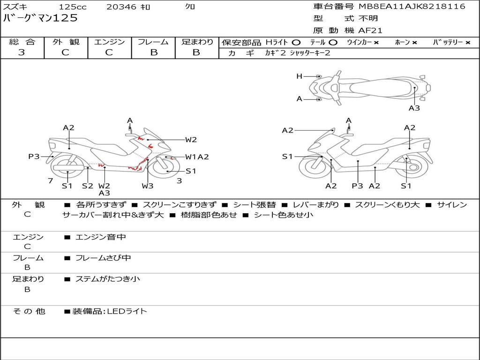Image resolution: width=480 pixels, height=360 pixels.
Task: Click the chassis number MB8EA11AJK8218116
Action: click(412, 6)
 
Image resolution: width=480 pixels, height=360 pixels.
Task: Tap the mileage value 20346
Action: click(121, 7)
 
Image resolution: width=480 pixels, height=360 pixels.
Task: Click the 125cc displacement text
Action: click(73, 7)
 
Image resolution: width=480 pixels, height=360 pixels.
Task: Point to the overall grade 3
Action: click(22, 52)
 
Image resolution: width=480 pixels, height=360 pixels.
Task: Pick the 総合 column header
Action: click(22, 42)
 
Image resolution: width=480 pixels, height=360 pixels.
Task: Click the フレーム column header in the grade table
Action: click(153, 42)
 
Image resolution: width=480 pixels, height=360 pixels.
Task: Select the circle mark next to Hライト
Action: click(296, 43)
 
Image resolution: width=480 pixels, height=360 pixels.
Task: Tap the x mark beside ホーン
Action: click(414, 43)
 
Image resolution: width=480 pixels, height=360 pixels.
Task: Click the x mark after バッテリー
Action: click(468, 43)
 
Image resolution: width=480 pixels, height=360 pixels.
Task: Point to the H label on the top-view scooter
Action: click(300, 76)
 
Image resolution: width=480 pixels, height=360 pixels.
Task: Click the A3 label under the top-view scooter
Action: click(414, 108)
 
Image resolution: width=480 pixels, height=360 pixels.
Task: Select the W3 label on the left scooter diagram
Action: click(147, 186)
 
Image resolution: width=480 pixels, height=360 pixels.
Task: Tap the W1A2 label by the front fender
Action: click(197, 157)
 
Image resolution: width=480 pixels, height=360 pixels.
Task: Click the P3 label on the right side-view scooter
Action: click(357, 186)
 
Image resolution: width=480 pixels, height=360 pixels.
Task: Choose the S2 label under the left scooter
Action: click(88, 186)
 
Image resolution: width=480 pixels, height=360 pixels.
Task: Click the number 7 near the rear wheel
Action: click(51, 180)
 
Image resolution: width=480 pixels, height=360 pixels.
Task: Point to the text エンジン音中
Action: click(101, 237)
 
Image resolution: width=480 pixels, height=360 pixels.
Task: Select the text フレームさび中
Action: click(103, 258)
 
